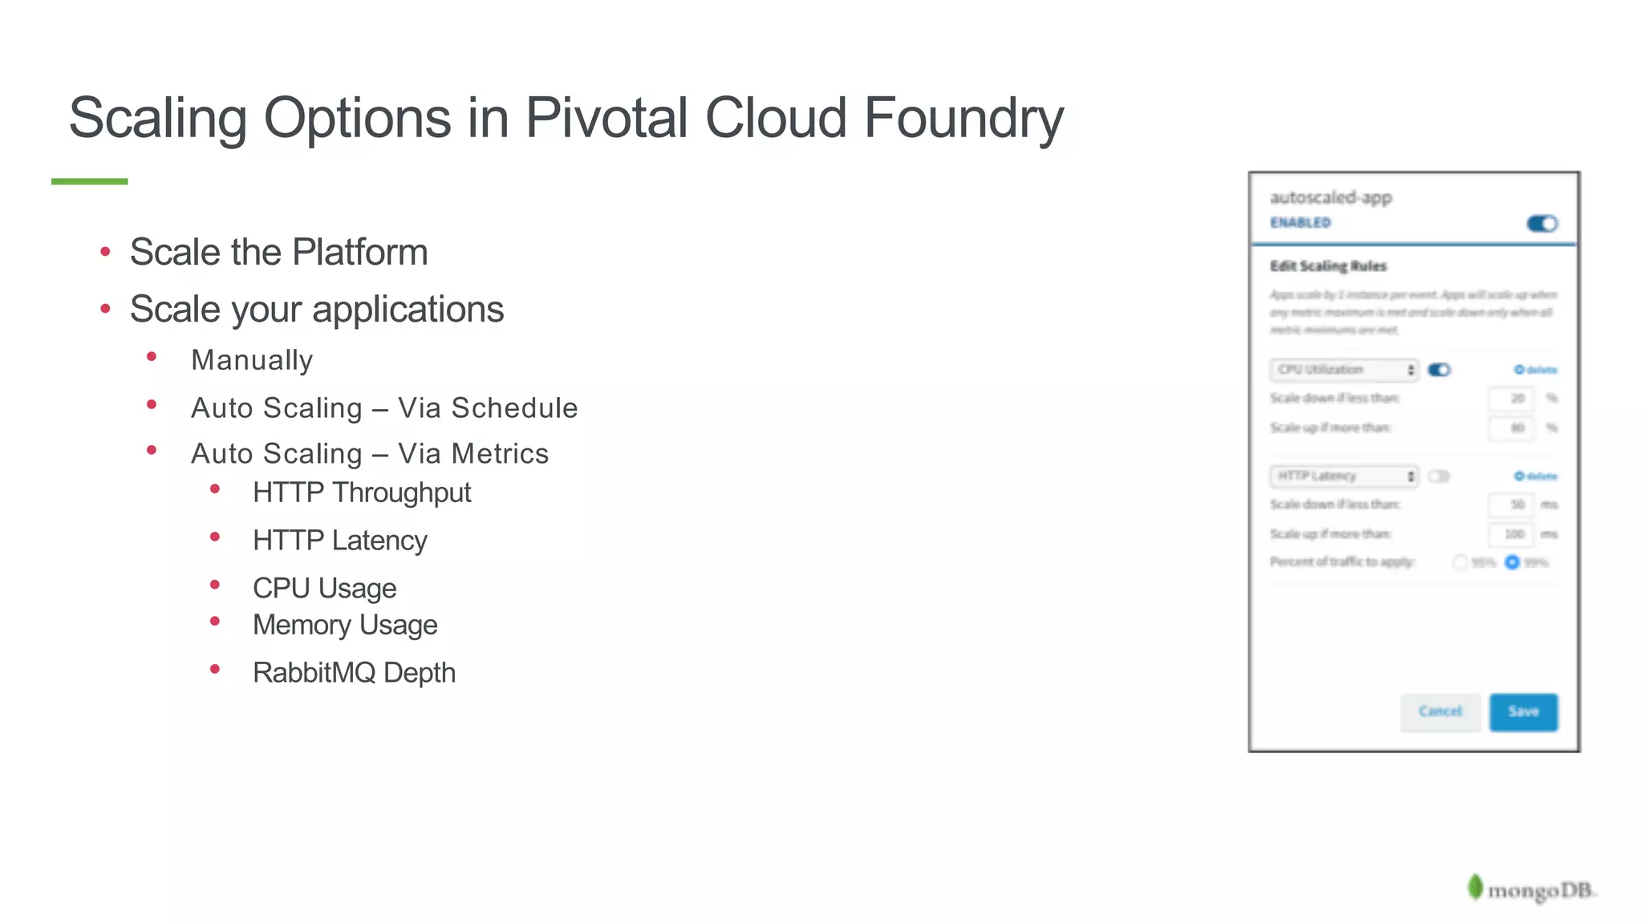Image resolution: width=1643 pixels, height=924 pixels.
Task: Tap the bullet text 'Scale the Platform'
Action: pos(278,252)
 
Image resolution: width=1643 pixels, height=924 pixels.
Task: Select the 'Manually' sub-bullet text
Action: pos(252,360)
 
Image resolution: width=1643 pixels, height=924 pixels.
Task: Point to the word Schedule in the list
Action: pos(514,407)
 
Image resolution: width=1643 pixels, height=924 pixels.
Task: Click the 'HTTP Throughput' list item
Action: pos(361,492)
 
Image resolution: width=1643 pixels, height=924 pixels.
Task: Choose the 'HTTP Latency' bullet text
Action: pos(339,541)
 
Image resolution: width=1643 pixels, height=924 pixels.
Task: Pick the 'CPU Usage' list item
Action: pos(324,588)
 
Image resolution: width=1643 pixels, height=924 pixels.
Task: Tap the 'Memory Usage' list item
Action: pos(345,625)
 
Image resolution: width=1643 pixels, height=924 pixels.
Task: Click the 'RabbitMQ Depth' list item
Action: pos(354,672)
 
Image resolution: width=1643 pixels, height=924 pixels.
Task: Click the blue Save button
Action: pos(1523,711)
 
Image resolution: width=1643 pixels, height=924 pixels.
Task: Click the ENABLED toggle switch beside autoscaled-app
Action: pos(1541,224)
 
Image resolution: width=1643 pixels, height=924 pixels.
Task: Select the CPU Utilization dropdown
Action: pos(1344,370)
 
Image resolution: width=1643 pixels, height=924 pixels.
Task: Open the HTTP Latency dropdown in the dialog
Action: pos(1344,476)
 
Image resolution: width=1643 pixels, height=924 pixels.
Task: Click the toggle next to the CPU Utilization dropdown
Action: pos(1439,370)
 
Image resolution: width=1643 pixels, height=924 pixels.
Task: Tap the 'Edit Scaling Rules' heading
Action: pos(1328,266)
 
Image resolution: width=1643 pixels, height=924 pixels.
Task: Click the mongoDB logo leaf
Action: pos(1475,887)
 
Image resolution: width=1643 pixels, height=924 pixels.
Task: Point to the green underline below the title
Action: pos(89,181)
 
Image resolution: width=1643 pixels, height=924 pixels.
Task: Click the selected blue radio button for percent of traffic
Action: pos(1512,562)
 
